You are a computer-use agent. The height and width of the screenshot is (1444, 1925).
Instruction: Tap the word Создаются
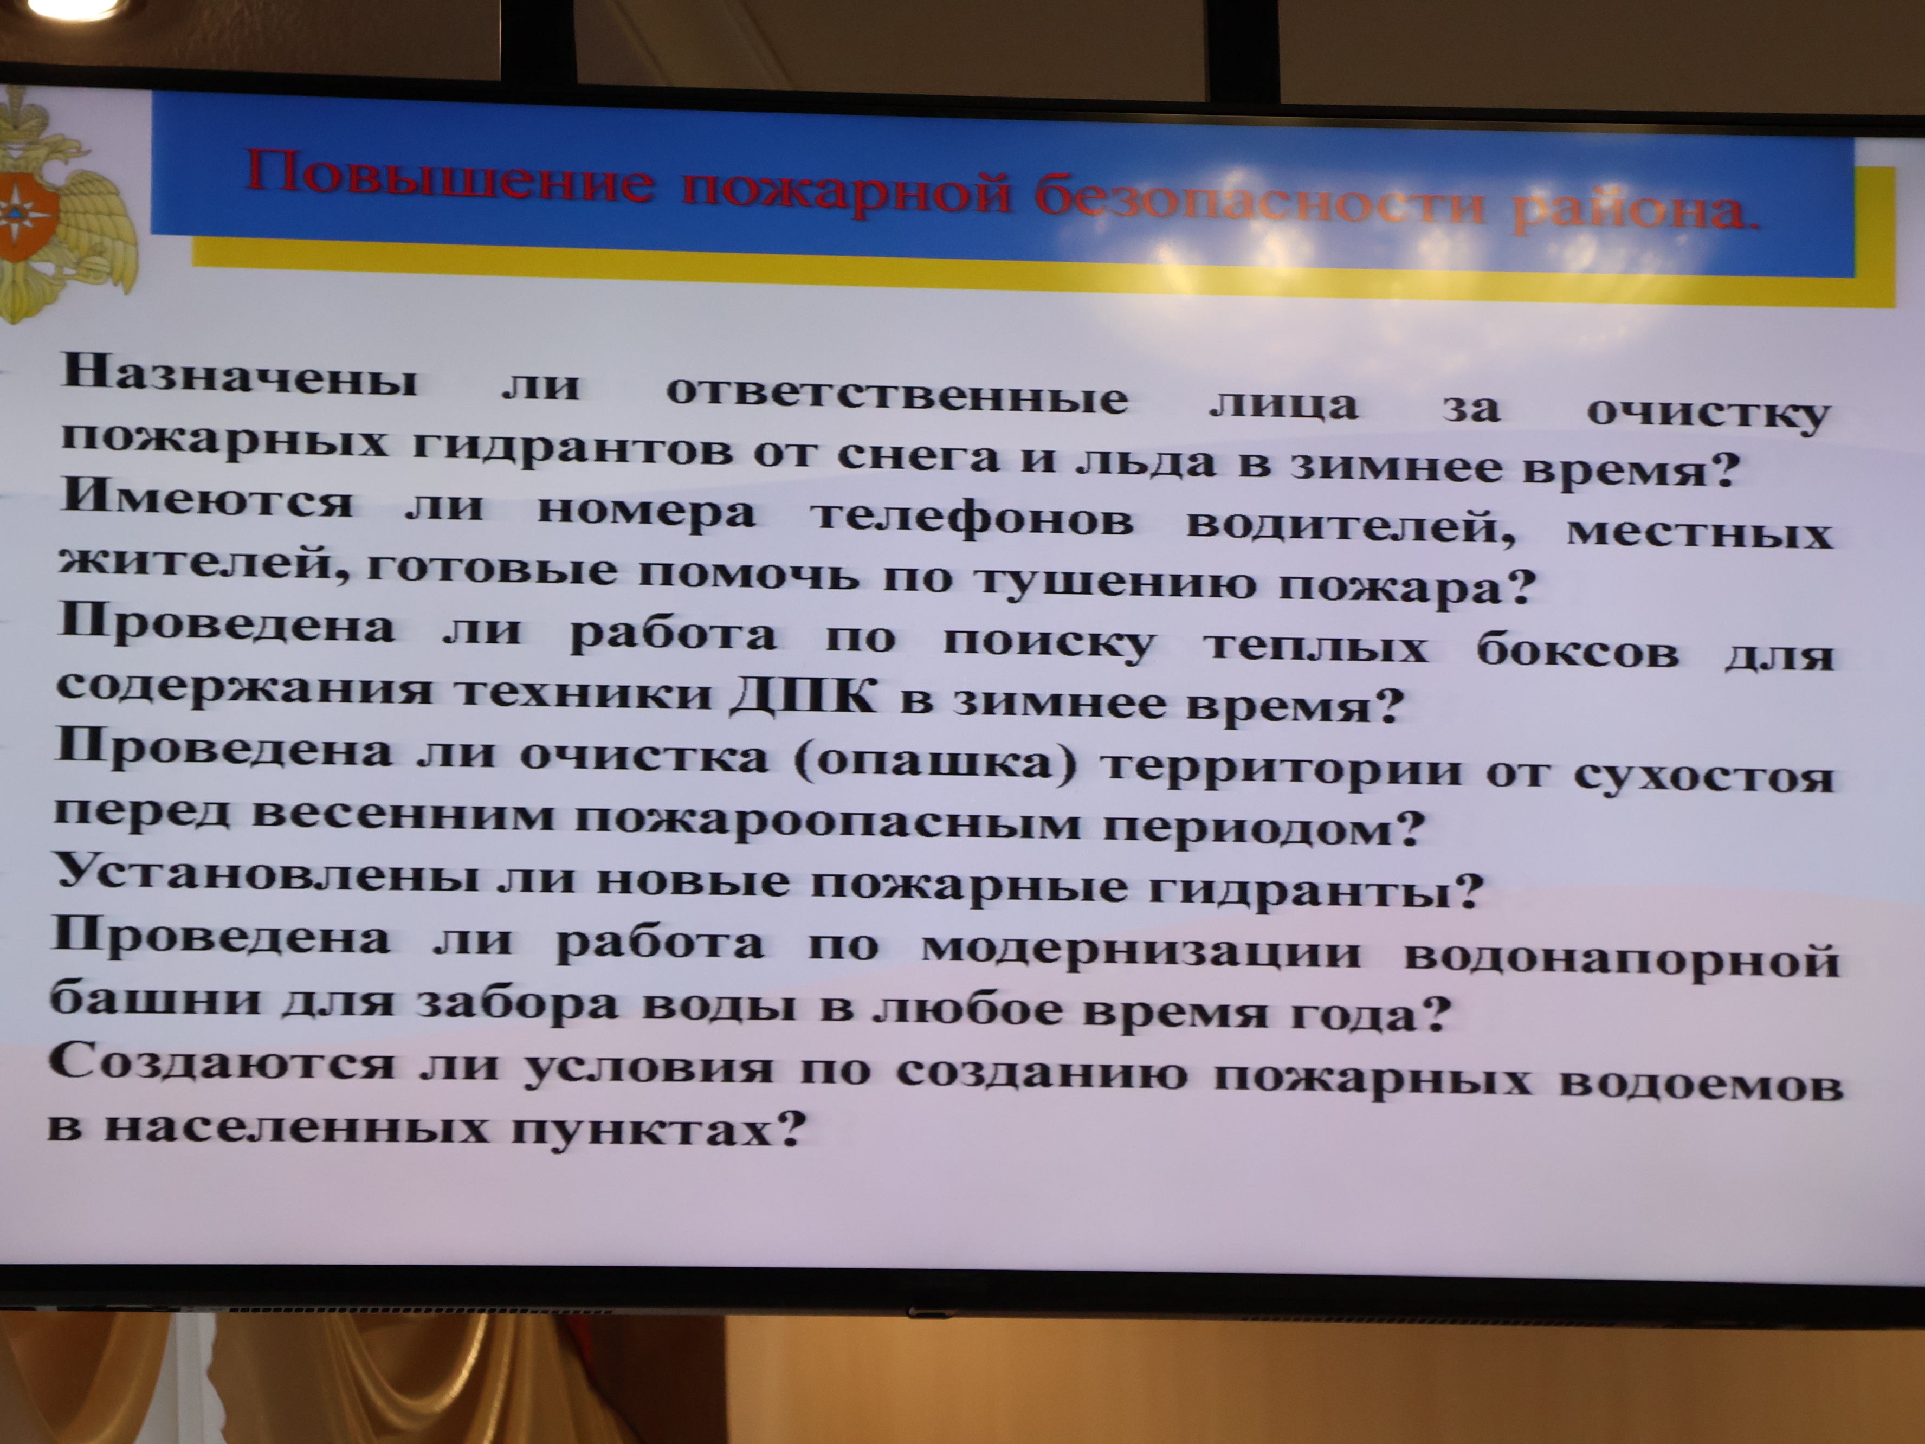[x=222, y=1063]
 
